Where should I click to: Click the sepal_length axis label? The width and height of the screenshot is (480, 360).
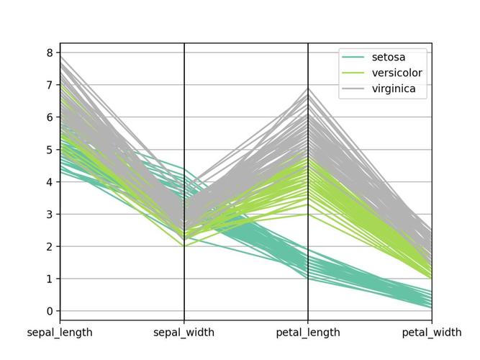tap(60, 333)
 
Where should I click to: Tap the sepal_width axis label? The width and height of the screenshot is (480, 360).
tap(184, 333)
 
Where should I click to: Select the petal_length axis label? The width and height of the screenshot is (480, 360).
tap(308, 333)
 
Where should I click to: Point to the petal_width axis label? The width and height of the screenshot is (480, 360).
tap(432, 333)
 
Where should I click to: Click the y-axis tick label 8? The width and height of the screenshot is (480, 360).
tap(50, 53)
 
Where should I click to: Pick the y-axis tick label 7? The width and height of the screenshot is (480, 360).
tap(50, 85)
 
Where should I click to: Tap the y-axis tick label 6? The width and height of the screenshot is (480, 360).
tap(50, 117)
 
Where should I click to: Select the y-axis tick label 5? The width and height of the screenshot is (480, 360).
tap(50, 150)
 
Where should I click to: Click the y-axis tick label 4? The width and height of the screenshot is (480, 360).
tap(50, 182)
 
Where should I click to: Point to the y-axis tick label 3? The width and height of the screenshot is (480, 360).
tap(50, 215)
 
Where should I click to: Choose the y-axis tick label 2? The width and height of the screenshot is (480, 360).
tap(50, 246)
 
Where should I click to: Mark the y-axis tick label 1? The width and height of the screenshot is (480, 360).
tap(50, 279)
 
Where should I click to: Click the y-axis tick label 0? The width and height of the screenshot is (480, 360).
tap(50, 311)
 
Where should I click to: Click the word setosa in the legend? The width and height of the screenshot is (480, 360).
tap(389, 57)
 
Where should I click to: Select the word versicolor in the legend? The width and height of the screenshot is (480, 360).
tap(397, 73)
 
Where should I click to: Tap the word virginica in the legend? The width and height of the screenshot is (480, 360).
tap(394, 89)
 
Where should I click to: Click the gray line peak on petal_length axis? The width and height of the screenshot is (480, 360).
tap(308, 89)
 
